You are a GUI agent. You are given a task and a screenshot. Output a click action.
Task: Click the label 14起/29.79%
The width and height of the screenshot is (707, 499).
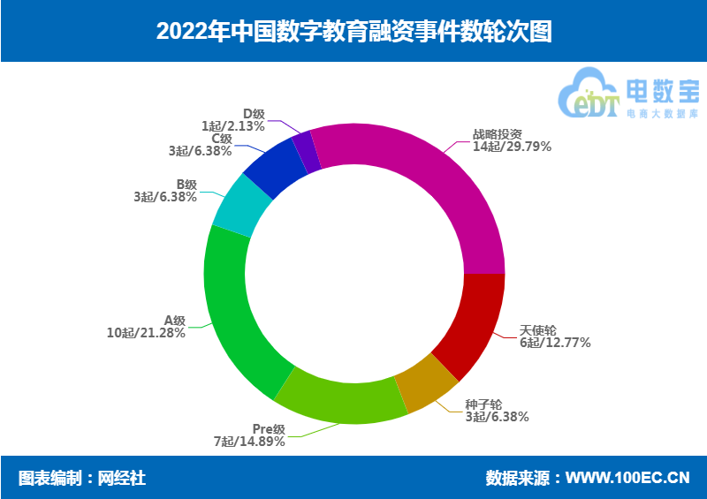pyautogui.click(x=512, y=147)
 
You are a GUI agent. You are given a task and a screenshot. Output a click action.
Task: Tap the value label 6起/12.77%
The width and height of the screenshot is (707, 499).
pyautogui.click(x=555, y=343)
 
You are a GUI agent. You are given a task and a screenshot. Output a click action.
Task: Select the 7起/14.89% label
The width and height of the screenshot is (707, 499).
pyautogui.click(x=249, y=441)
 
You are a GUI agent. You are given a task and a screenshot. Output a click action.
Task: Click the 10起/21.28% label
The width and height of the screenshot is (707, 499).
pyautogui.click(x=146, y=333)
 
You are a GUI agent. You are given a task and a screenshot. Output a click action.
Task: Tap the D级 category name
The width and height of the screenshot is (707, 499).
pyautogui.click(x=254, y=114)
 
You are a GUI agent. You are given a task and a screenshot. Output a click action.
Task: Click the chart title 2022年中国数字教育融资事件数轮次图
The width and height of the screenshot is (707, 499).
pyautogui.click(x=353, y=31)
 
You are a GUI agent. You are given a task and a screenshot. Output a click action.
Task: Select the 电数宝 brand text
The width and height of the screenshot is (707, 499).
pyautogui.click(x=661, y=90)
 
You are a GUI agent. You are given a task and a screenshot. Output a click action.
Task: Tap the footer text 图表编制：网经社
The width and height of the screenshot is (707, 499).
pyautogui.click(x=82, y=478)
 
